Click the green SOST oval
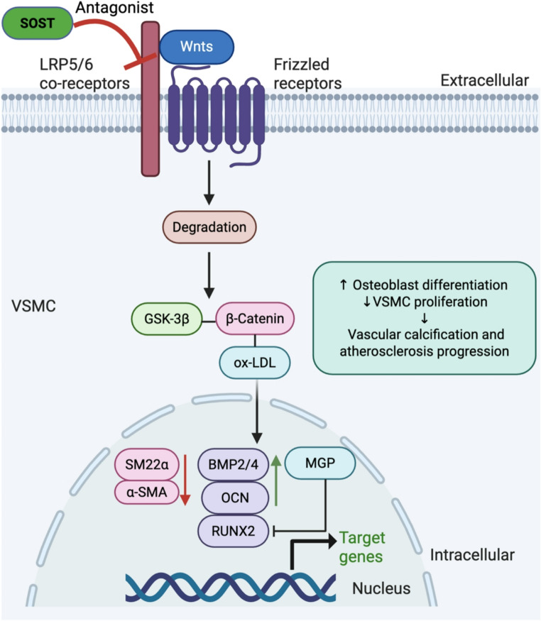pyautogui.click(x=37, y=23)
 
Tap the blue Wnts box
pyautogui.click(x=197, y=47)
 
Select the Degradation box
pyautogui.click(x=209, y=227)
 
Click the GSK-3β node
pyautogui.click(x=167, y=319)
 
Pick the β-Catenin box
pyautogui.click(x=255, y=319)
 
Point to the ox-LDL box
pyautogui.click(x=255, y=363)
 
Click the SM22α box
pyautogui.click(x=146, y=464)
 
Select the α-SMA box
pyautogui.click(x=146, y=493)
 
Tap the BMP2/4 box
pyautogui.click(x=234, y=464)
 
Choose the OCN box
pyautogui.click(x=235, y=498)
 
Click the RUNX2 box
pyautogui.click(x=234, y=531)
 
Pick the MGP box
pyautogui.click(x=320, y=463)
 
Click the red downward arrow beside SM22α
pyautogui.click(x=185, y=480)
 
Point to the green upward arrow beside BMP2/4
pyautogui.click(x=276, y=480)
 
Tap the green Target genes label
pyautogui.click(x=361, y=547)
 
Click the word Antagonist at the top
pyautogui.click(x=114, y=8)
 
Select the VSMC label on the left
pyautogui.click(x=33, y=306)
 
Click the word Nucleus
pyautogui.click(x=381, y=588)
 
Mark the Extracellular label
pyautogui.click(x=485, y=80)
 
